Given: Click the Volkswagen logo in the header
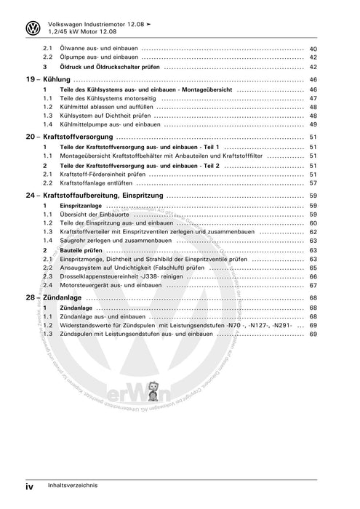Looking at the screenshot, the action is (x=32, y=28).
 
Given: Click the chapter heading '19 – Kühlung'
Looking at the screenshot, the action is (x=48, y=79).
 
